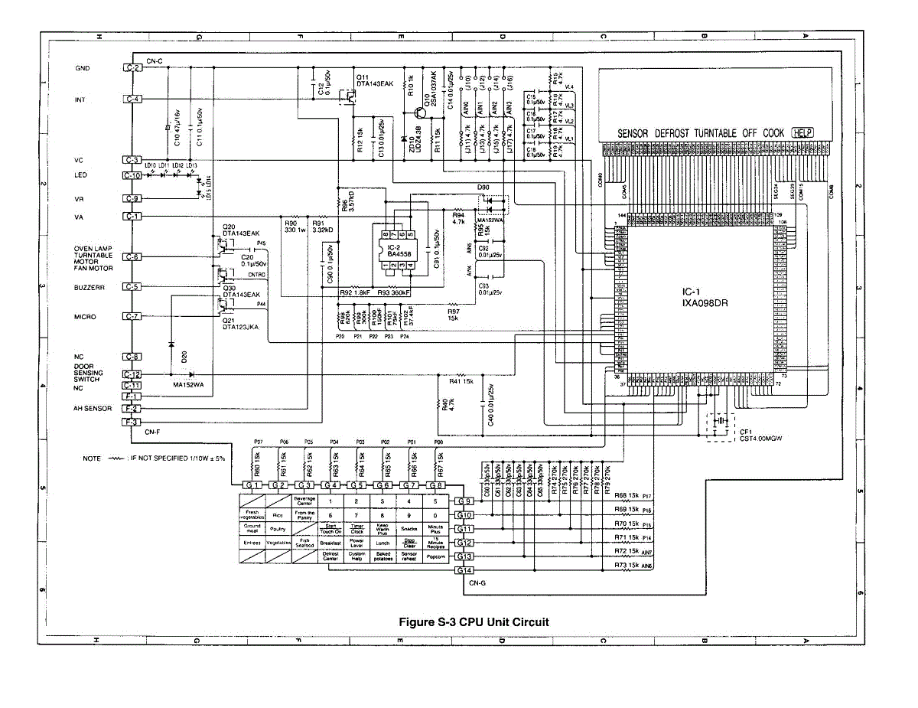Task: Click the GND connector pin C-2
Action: pos(132,68)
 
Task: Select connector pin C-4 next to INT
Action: pos(132,100)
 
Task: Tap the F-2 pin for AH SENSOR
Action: pos(132,409)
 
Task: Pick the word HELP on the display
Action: pos(802,133)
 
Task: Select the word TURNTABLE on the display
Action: pos(731,133)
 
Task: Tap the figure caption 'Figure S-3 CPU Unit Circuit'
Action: pos(474,622)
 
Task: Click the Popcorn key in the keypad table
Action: pos(435,557)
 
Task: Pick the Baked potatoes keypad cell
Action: pos(383,557)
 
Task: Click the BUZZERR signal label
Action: pos(90,287)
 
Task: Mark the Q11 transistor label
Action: pos(363,77)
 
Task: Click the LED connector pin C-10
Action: pos(132,175)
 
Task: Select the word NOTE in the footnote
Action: pos(92,458)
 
